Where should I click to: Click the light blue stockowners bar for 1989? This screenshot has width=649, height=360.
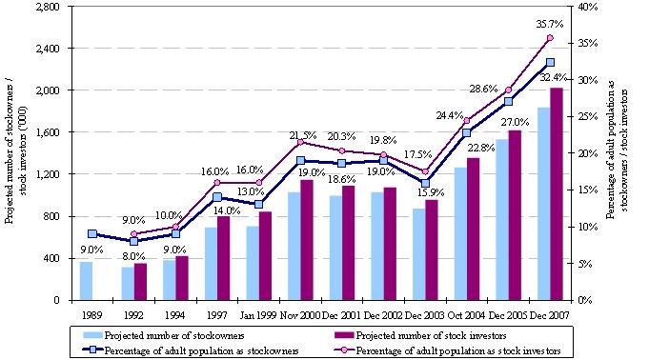click(86, 281)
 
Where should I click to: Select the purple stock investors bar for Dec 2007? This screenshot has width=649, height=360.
click(557, 194)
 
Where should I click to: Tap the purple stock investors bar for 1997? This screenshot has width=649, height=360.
click(224, 258)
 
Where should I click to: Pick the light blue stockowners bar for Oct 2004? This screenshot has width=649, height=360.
click(460, 233)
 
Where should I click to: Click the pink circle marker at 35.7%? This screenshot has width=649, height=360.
click(550, 38)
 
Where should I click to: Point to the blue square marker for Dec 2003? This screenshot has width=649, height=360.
click(425, 183)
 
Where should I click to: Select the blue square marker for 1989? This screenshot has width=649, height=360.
click(92, 233)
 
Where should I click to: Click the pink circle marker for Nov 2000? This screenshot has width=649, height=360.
click(300, 142)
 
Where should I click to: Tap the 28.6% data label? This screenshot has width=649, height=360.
click(483, 89)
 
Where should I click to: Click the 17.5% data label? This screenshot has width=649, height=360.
click(418, 154)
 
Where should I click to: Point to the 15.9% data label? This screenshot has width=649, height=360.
click(431, 192)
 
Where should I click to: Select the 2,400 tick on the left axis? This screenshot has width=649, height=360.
click(49, 49)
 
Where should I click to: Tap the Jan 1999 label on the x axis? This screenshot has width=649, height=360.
click(258, 315)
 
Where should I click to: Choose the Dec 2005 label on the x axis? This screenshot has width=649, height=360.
click(507, 315)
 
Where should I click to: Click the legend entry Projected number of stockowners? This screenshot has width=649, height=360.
click(163, 335)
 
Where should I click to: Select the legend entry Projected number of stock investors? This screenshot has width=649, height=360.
click(419, 335)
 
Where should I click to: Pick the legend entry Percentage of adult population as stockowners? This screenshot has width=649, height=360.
click(191, 350)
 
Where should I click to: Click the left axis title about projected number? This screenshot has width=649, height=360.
click(16, 154)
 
